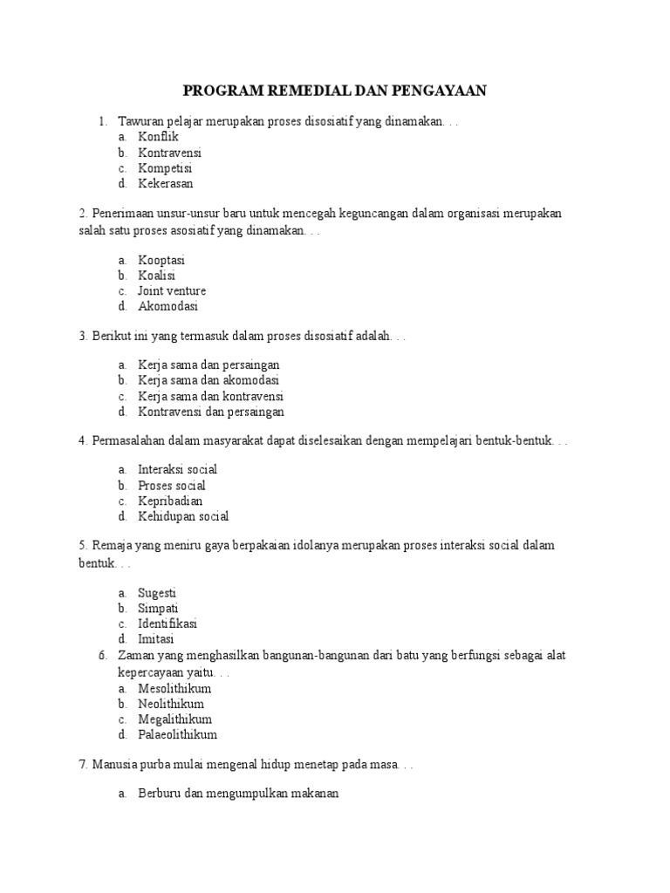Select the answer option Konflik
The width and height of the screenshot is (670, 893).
click(158, 137)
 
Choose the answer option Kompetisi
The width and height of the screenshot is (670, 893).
click(165, 168)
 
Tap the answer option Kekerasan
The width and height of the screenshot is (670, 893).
click(166, 184)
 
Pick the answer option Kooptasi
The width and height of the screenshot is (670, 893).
click(161, 260)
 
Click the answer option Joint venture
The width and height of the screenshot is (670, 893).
click(172, 291)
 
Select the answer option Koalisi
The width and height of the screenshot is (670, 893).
click(157, 276)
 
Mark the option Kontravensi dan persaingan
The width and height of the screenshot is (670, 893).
click(211, 412)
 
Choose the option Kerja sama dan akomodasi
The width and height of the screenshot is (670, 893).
click(209, 380)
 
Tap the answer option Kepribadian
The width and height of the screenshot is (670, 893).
click(170, 501)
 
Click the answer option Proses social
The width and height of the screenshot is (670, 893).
click(172, 485)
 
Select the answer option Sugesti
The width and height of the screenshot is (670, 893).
click(157, 592)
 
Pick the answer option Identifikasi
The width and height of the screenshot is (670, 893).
click(167, 624)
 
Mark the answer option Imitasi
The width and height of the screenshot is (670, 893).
click(156, 639)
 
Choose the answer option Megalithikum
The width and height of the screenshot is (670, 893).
click(174, 719)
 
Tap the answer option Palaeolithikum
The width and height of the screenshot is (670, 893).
click(177, 735)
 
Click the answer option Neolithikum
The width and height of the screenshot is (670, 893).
click(171, 704)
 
